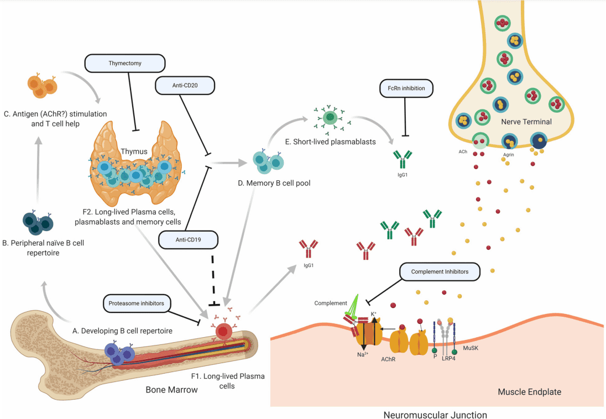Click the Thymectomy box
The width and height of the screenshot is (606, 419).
(x=125, y=63)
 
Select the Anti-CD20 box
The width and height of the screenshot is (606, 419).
(x=185, y=86)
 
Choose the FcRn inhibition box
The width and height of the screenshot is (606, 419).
(x=406, y=87)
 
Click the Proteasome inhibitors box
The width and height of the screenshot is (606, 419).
(x=137, y=302)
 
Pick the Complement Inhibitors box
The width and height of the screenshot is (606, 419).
(x=440, y=271)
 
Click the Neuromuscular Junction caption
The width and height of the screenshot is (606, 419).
(x=435, y=413)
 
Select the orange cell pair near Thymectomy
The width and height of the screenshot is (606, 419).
(x=42, y=86)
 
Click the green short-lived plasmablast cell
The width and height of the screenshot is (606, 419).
(x=330, y=117)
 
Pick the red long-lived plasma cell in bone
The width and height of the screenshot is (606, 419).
(x=223, y=331)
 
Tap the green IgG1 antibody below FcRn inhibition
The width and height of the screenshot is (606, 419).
(x=403, y=160)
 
